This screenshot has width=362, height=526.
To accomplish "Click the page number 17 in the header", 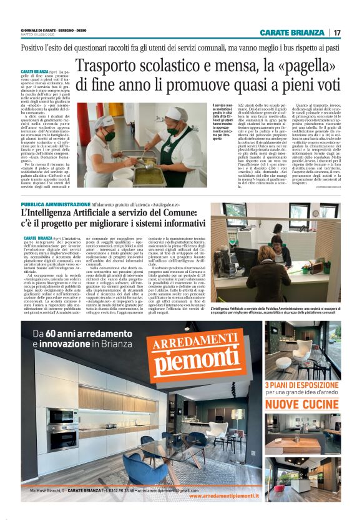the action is (337, 32).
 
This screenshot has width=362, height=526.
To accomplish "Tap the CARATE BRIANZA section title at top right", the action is (293, 32).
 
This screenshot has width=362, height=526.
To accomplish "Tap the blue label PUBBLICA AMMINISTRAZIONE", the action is (56, 204).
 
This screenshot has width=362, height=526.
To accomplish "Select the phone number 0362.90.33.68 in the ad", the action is (137, 490).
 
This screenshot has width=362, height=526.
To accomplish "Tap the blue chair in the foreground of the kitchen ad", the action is (139, 465).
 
